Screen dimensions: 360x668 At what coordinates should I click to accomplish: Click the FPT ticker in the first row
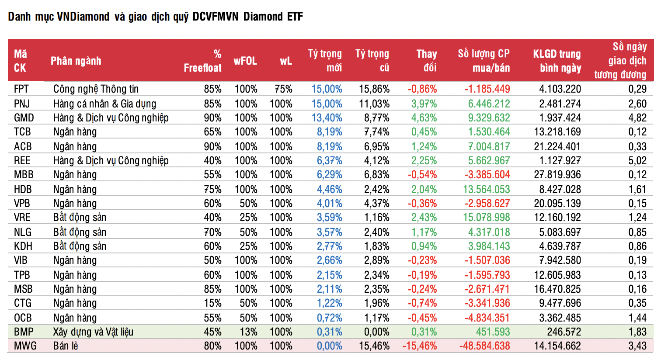(x=21, y=89)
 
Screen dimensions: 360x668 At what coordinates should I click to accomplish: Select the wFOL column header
(x=245, y=61)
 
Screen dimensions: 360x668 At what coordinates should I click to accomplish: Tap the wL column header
(x=286, y=61)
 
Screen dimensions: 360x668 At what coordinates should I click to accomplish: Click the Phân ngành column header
(x=76, y=61)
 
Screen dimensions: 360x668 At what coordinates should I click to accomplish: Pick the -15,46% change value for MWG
(x=420, y=346)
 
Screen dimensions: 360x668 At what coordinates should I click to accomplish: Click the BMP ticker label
(x=24, y=332)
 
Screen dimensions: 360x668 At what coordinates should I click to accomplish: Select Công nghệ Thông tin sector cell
(x=96, y=89)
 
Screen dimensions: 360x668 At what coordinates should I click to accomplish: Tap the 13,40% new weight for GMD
(x=327, y=118)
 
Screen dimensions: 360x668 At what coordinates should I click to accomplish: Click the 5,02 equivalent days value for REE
(x=637, y=161)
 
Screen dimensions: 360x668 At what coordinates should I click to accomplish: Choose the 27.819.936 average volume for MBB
(x=557, y=175)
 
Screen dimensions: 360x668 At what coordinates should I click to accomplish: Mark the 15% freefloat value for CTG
(x=212, y=303)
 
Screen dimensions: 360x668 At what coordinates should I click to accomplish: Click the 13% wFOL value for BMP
(x=248, y=332)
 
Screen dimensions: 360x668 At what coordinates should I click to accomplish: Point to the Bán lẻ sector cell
(x=66, y=346)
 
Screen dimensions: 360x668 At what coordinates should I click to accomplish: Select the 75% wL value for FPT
(x=283, y=89)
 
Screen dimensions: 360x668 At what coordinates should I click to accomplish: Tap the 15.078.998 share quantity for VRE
(x=487, y=218)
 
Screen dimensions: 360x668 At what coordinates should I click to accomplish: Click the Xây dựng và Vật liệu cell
(x=93, y=332)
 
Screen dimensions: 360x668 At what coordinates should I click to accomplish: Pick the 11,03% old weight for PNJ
(x=374, y=104)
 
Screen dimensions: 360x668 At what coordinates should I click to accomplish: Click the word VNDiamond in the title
(x=83, y=17)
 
